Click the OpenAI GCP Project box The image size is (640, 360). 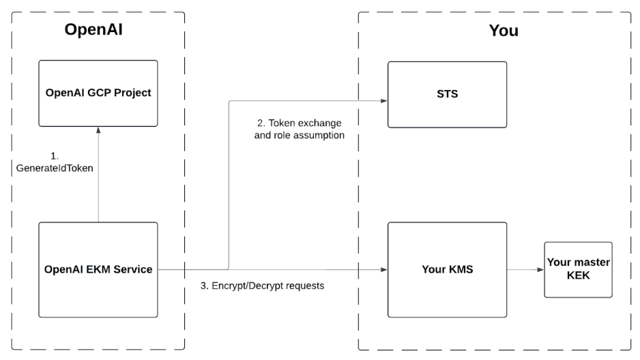(x=98, y=93)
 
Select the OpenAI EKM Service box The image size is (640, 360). (x=98, y=269)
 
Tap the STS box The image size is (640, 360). (x=447, y=94)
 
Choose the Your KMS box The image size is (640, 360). (x=447, y=269)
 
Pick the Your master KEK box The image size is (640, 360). (x=578, y=269)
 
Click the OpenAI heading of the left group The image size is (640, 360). (x=98, y=30)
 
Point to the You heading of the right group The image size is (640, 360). (x=504, y=31)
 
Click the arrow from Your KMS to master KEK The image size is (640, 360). (x=525, y=270)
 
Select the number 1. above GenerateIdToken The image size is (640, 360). (x=55, y=156)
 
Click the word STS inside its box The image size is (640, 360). (x=447, y=94)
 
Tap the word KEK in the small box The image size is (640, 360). (x=578, y=275)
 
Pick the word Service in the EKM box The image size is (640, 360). (x=133, y=269)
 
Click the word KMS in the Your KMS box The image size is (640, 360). (x=461, y=269)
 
